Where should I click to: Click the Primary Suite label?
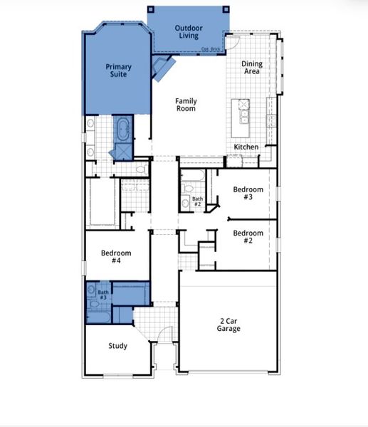[x=118, y=70]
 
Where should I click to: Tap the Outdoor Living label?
[x=189, y=32]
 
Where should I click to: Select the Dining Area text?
[x=251, y=68]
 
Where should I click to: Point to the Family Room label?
[x=186, y=105]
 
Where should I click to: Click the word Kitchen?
[x=246, y=147]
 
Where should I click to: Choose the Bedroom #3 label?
[x=248, y=194]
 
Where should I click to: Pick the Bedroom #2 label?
[x=248, y=237]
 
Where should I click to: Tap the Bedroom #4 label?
[x=115, y=257]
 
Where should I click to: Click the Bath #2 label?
[x=197, y=202]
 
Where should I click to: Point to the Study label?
[x=117, y=347]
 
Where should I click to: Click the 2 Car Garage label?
[x=228, y=325]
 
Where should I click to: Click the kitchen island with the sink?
[x=245, y=112]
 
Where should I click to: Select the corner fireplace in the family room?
[x=164, y=69]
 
